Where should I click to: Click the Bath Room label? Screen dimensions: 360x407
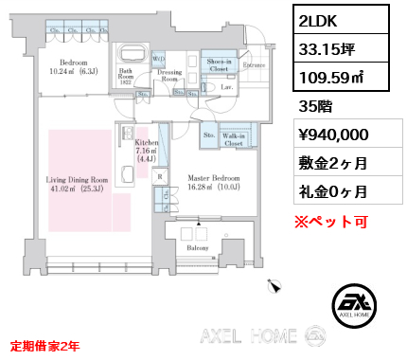tap(125, 74)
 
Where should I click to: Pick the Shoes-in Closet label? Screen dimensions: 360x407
tap(220, 65)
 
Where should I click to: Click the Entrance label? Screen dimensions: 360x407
tap(253, 63)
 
